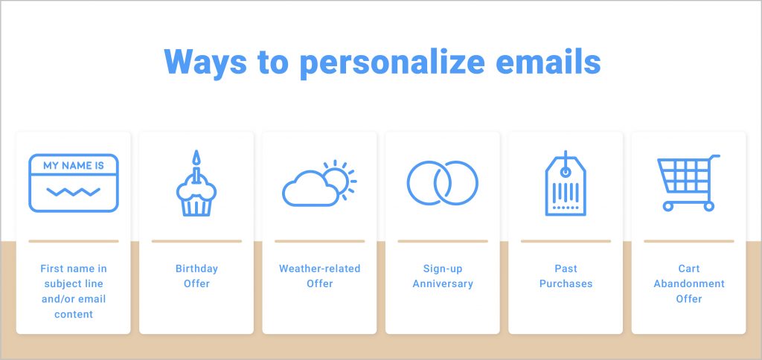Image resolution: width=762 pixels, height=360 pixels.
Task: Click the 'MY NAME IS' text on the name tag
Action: [x=74, y=166]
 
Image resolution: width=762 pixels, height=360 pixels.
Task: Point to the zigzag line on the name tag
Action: [x=73, y=192]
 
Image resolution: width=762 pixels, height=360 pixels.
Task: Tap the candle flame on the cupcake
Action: [x=196, y=157]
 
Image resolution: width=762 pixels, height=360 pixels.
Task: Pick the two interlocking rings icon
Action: [x=443, y=182]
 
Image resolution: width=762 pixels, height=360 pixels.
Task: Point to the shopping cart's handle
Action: [x=714, y=157]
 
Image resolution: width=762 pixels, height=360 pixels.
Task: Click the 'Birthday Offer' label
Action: [x=196, y=276]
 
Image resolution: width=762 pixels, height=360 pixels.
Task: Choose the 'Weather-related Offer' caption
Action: [x=319, y=276]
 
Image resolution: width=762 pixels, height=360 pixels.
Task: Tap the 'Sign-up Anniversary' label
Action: [x=443, y=276]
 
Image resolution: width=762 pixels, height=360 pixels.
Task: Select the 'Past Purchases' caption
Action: [x=566, y=276]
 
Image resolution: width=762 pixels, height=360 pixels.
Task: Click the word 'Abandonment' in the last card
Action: [x=689, y=283]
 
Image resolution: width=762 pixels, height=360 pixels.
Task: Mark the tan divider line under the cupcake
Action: [x=196, y=241]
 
